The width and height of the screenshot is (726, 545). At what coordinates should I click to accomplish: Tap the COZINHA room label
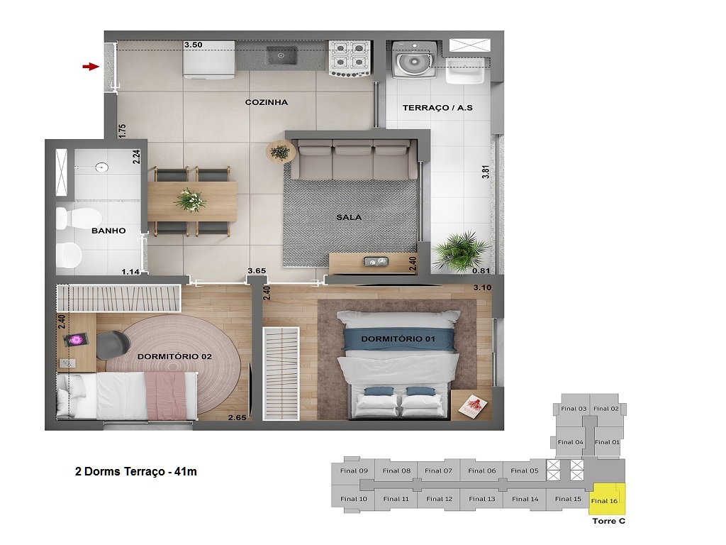[x=267, y=102]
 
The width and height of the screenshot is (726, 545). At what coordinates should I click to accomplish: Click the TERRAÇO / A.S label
[x=437, y=108]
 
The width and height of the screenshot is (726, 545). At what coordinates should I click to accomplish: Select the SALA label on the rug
[x=349, y=217]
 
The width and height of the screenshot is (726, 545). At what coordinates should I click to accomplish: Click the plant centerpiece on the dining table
[x=190, y=199]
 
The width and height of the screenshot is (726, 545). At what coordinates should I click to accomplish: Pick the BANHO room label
[x=108, y=231]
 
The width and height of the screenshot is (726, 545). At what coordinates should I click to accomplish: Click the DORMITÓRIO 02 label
[x=175, y=356]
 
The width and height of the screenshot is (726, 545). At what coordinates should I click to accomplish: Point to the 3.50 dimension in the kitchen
[x=193, y=45]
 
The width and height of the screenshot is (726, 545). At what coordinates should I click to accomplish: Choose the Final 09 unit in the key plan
[x=353, y=470]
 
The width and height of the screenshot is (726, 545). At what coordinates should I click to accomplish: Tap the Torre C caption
[x=608, y=521]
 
